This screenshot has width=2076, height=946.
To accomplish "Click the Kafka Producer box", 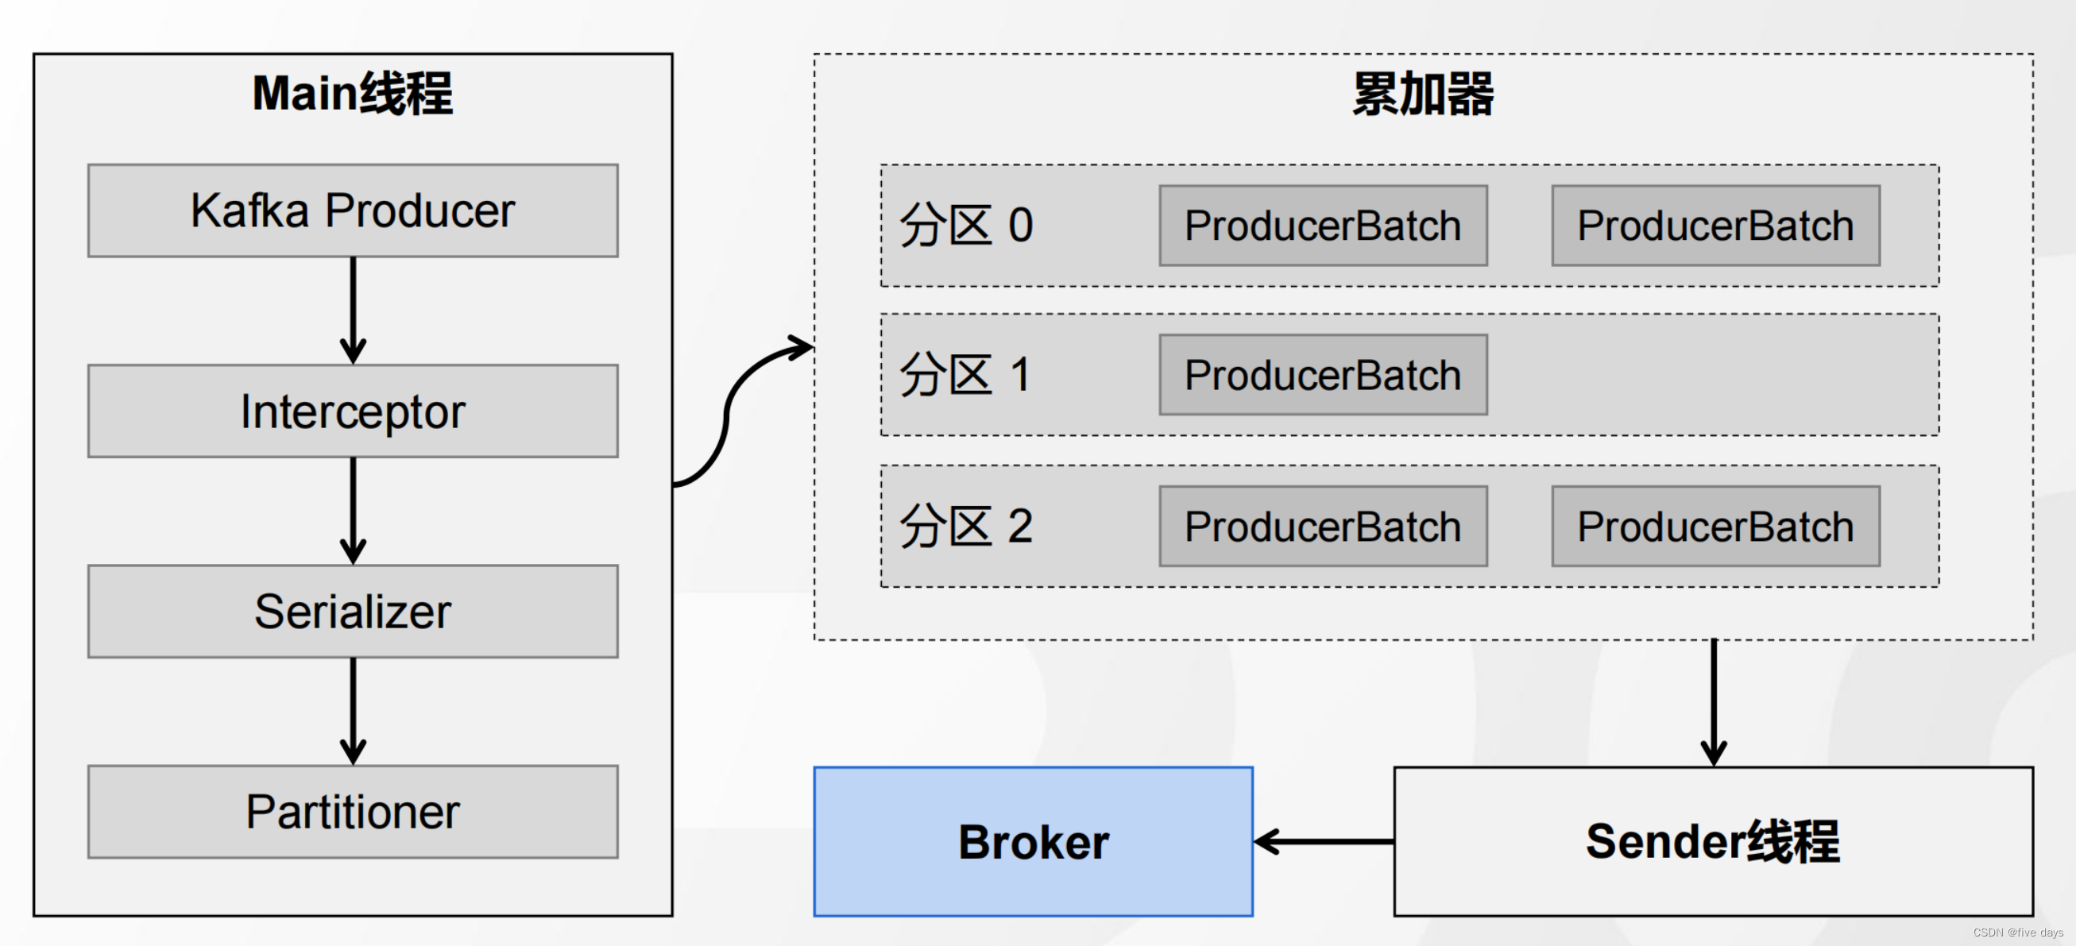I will (352, 211).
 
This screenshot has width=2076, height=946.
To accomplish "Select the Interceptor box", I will (352, 411).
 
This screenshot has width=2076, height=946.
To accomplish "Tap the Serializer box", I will (352, 611).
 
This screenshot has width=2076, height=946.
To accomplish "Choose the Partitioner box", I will (352, 812).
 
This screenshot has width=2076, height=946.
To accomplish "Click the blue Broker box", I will (1032, 841).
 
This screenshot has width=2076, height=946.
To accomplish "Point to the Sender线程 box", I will (1713, 841).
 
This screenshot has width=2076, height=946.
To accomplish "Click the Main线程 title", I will (352, 94).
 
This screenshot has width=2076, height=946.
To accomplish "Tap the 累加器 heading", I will (1422, 95).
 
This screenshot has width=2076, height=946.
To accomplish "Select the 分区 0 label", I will (966, 226).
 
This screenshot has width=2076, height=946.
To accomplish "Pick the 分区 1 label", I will (965, 376).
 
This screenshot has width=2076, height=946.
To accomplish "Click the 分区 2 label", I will (966, 526).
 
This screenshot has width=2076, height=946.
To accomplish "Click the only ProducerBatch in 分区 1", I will (1323, 376).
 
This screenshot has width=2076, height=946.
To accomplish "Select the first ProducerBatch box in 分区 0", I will (1323, 226).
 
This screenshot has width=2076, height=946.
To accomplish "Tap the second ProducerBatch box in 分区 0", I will (1715, 226).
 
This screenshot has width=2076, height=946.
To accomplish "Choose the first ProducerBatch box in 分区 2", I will (1323, 526).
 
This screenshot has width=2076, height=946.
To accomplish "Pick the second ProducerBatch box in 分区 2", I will (1715, 526).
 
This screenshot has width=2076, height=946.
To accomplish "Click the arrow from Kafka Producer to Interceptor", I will (353, 311).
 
